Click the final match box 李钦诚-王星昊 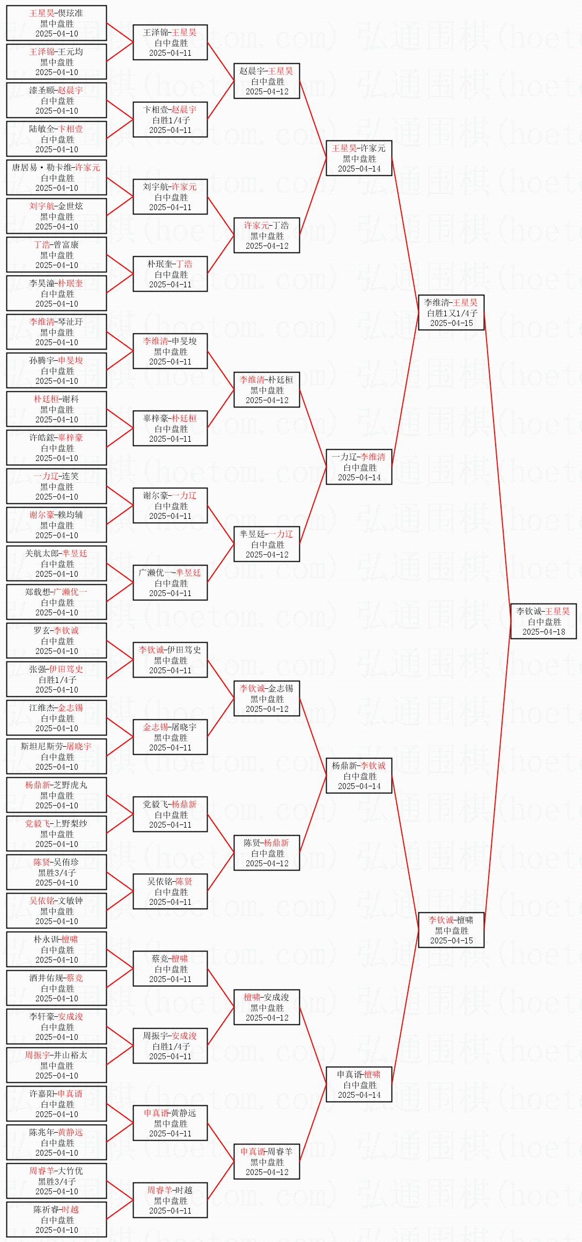click(x=543, y=621)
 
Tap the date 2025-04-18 click(x=543, y=632)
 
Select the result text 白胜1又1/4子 click(x=452, y=313)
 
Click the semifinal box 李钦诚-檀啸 click(x=451, y=930)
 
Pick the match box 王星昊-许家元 click(x=359, y=158)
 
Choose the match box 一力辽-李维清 click(x=359, y=467)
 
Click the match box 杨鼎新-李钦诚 click(x=359, y=776)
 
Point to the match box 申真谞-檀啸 click(x=359, y=1084)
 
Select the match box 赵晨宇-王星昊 click(x=267, y=81)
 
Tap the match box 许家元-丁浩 click(x=267, y=235)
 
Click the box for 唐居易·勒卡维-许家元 click(x=56, y=177)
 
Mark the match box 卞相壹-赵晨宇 click(x=170, y=120)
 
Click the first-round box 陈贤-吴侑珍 click(x=56, y=872)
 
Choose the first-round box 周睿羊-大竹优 click(x=56, y=1181)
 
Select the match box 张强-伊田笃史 click(x=56, y=679)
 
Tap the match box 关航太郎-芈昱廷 click(x=56, y=563)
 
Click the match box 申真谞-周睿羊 click(x=267, y=1162)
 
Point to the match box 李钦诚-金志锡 click(x=267, y=698)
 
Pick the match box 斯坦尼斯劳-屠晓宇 click(x=56, y=756)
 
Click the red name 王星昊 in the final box click(x=558, y=611)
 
